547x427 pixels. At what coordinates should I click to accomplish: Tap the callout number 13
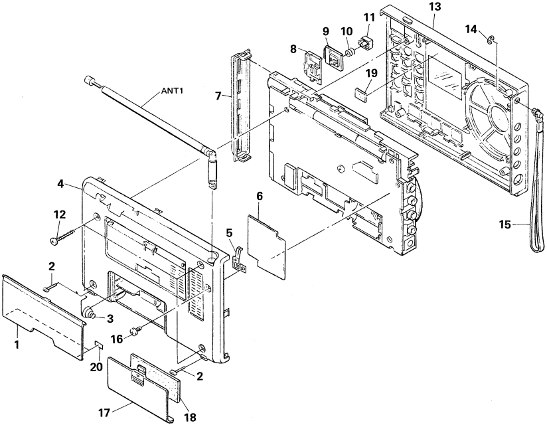click(x=435, y=5)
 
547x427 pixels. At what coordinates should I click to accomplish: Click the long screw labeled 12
click(x=70, y=231)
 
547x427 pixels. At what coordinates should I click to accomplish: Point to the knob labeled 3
click(x=88, y=312)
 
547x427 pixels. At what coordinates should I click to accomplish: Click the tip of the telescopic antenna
click(x=89, y=80)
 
